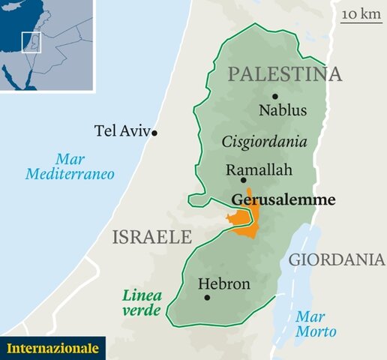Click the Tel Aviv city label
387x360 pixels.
tap(121, 130)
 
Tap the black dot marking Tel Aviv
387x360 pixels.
tap(154, 133)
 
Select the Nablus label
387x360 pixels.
tap(283, 111)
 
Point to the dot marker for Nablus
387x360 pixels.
tap(275, 96)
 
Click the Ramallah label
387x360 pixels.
tap(259, 170)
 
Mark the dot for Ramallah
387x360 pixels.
tap(243, 180)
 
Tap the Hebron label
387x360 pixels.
tap(223, 283)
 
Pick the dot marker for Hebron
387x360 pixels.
tap(207, 297)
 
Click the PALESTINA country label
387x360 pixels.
tap(284, 74)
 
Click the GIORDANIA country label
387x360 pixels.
tap(337, 259)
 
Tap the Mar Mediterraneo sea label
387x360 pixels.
tap(70, 166)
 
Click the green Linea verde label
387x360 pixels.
tap(142, 302)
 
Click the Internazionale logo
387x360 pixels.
tap(52, 348)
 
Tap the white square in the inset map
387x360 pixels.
tap(31, 42)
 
